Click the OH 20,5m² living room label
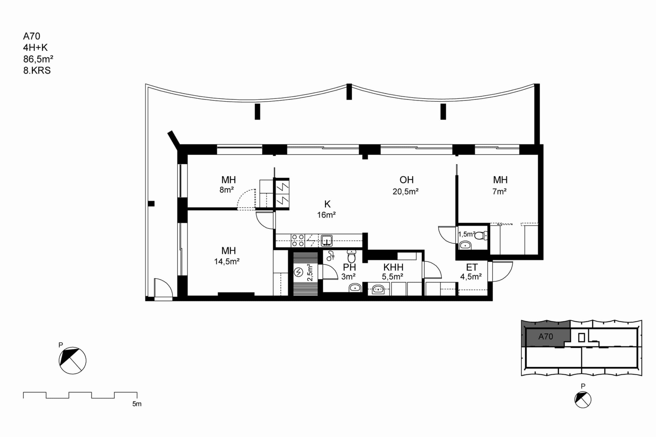click(x=406, y=185)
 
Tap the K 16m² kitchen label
click(x=327, y=209)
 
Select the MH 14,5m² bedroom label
click(x=227, y=255)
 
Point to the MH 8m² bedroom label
click(x=228, y=185)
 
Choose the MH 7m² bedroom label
click(x=500, y=185)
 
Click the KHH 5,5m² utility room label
click(x=393, y=271)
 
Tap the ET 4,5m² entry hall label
click(x=471, y=271)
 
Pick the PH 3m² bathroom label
click(x=349, y=271)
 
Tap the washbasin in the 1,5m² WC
click(x=465, y=245)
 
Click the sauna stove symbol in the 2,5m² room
click(x=299, y=272)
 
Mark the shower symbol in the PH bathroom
click(x=331, y=256)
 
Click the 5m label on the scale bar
click(x=137, y=404)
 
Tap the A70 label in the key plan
click(x=546, y=337)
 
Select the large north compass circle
click(x=73, y=361)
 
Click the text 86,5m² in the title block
click(x=38, y=59)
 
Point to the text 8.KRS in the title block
click(x=37, y=70)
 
